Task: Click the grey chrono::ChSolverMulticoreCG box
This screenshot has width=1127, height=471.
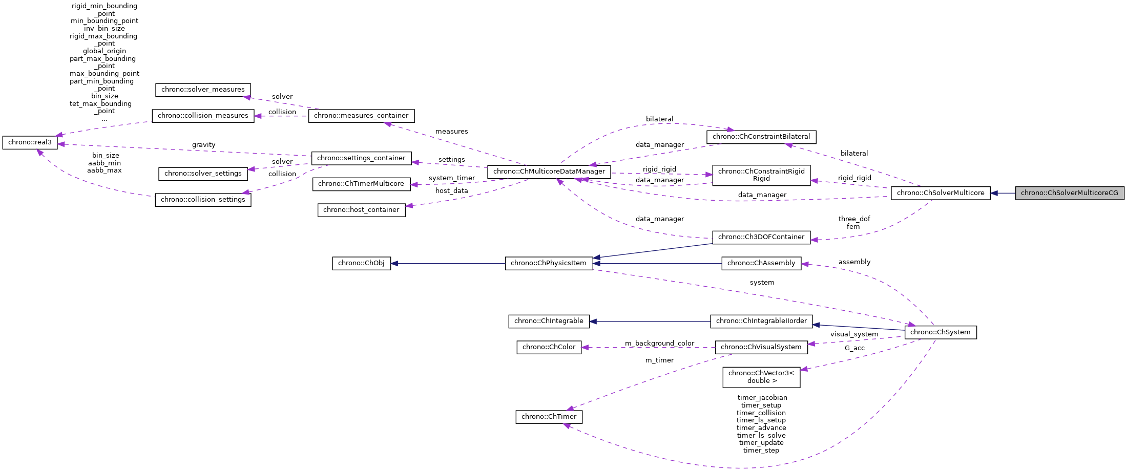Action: coord(1070,193)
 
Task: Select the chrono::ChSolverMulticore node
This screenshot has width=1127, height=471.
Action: coord(941,193)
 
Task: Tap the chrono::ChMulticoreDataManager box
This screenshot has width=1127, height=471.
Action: coord(549,172)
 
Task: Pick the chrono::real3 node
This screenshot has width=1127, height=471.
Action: coord(30,142)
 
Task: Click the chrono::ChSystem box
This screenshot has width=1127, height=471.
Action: coord(941,332)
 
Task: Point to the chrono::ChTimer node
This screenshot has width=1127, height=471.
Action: coord(549,417)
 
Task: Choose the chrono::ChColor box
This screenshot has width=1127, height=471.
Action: coord(549,347)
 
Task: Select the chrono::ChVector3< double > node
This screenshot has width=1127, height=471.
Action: coord(761,377)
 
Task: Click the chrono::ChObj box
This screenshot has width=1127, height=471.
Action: coord(361,263)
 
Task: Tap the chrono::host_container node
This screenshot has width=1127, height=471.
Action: coord(361,210)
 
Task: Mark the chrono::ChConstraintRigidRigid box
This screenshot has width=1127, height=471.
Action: coord(761,175)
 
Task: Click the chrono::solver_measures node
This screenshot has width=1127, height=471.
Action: coord(203,90)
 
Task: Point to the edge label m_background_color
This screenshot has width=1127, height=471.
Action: coord(659,343)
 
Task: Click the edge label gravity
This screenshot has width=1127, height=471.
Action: coord(203,145)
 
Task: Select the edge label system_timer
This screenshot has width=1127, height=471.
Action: coord(451,178)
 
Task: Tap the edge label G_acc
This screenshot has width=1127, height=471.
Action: coord(854,348)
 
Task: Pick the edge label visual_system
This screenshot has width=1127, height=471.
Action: coord(854,334)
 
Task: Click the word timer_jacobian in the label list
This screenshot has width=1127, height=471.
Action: coord(762,398)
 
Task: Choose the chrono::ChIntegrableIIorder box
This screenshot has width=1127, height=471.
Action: coord(761,321)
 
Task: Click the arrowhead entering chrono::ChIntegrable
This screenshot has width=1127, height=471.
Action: coord(593,322)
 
